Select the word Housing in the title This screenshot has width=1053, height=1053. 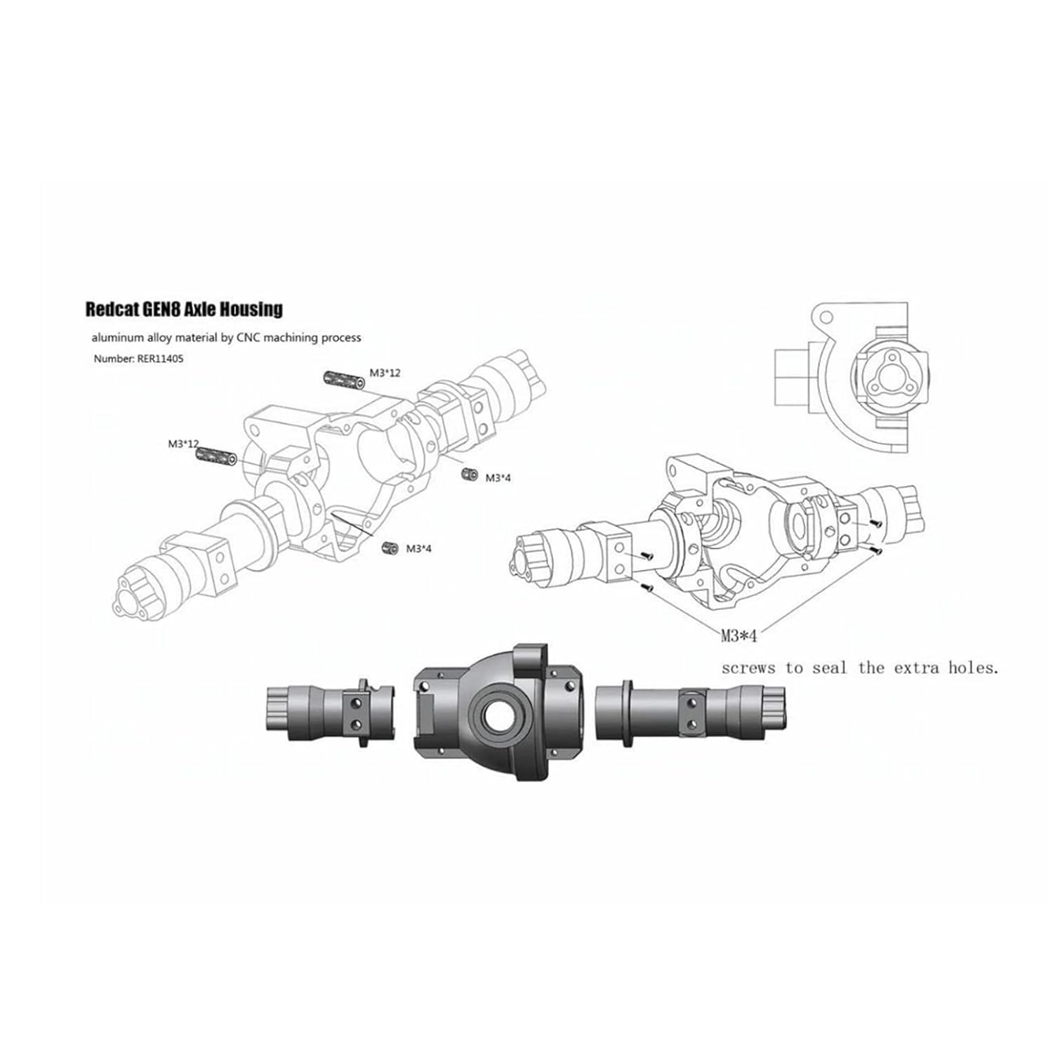click(256, 310)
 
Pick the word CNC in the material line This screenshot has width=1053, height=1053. click(248, 338)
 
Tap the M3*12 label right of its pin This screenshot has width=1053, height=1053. click(385, 373)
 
